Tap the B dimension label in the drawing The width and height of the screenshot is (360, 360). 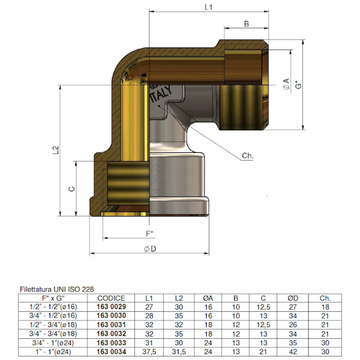click(246, 24)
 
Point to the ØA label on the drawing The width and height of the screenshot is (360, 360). click(286, 83)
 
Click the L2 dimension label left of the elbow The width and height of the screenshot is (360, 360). click(56, 150)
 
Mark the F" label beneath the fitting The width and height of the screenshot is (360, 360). click(149, 233)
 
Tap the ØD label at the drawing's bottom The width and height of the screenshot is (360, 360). click(149, 249)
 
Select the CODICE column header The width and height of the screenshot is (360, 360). click(111, 298)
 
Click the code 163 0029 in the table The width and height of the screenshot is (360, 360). click(111, 307)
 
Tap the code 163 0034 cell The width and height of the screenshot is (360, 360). click(111, 352)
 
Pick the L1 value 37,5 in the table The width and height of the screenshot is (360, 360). click(150, 352)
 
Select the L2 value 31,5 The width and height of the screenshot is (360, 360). click(179, 352)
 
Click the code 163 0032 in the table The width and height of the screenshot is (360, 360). click(111, 334)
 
